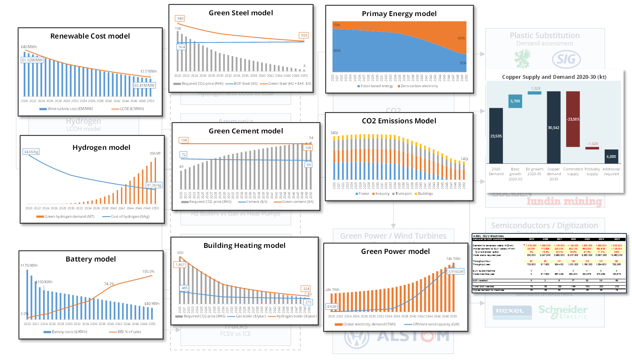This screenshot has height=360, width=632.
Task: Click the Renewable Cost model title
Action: pyautogui.click(x=90, y=36)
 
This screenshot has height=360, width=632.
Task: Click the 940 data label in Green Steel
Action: pyautogui.click(x=180, y=18)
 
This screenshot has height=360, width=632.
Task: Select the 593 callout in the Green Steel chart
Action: pyautogui.click(x=304, y=35)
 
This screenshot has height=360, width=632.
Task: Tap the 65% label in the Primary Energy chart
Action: pyautogui.click(x=461, y=38)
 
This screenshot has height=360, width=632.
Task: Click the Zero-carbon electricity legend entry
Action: pyautogui.click(x=418, y=86)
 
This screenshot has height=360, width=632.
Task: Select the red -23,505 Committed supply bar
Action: pyautogui.click(x=573, y=119)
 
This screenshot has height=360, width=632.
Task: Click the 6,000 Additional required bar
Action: pyautogui.click(x=611, y=156)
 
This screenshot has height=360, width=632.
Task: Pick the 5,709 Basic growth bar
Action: pyautogui.click(x=515, y=101)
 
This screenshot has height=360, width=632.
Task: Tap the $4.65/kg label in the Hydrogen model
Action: pyautogui.click(x=31, y=152)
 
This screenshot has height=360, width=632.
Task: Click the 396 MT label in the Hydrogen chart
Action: pyautogui.click(x=155, y=153)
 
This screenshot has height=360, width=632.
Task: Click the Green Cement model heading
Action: pyautogui.click(x=246, y=131)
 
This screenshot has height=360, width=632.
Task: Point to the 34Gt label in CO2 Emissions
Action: pyautogui.click(x=334, y=133)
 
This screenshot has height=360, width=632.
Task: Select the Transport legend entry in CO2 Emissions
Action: pyautogui.click(x=402, y=194)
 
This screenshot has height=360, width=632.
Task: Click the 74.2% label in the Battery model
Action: pyautogui.click(x=109, y=284)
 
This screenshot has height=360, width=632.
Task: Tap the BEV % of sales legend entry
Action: pyautogui.click(x=127, y=332)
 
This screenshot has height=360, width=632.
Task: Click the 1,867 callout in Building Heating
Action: pyautogui.click(x=180, y=265)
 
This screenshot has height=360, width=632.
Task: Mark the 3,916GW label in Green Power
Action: pyautogui.click(x=456, y=272)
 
